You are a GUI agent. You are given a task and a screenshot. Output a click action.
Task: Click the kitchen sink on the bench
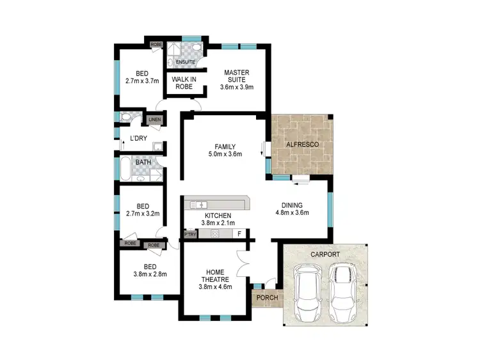click(x=198, y=205)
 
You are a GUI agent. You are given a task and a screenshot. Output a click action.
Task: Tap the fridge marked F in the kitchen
click(x=239, y=235)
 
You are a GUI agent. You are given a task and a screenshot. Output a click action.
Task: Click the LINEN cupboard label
click(x=155, y=120)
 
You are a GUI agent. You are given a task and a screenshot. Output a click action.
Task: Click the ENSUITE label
click(x=186, y=62)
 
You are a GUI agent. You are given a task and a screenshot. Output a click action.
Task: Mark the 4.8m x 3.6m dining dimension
click(x=292, y=213)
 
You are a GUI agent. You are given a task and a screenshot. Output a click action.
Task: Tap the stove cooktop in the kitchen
click(x=214, y=235)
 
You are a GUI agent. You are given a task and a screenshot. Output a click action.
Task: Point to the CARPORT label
click(x=324, y=254)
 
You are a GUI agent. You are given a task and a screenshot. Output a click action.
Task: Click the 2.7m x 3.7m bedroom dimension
click(x=142, y=81)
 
